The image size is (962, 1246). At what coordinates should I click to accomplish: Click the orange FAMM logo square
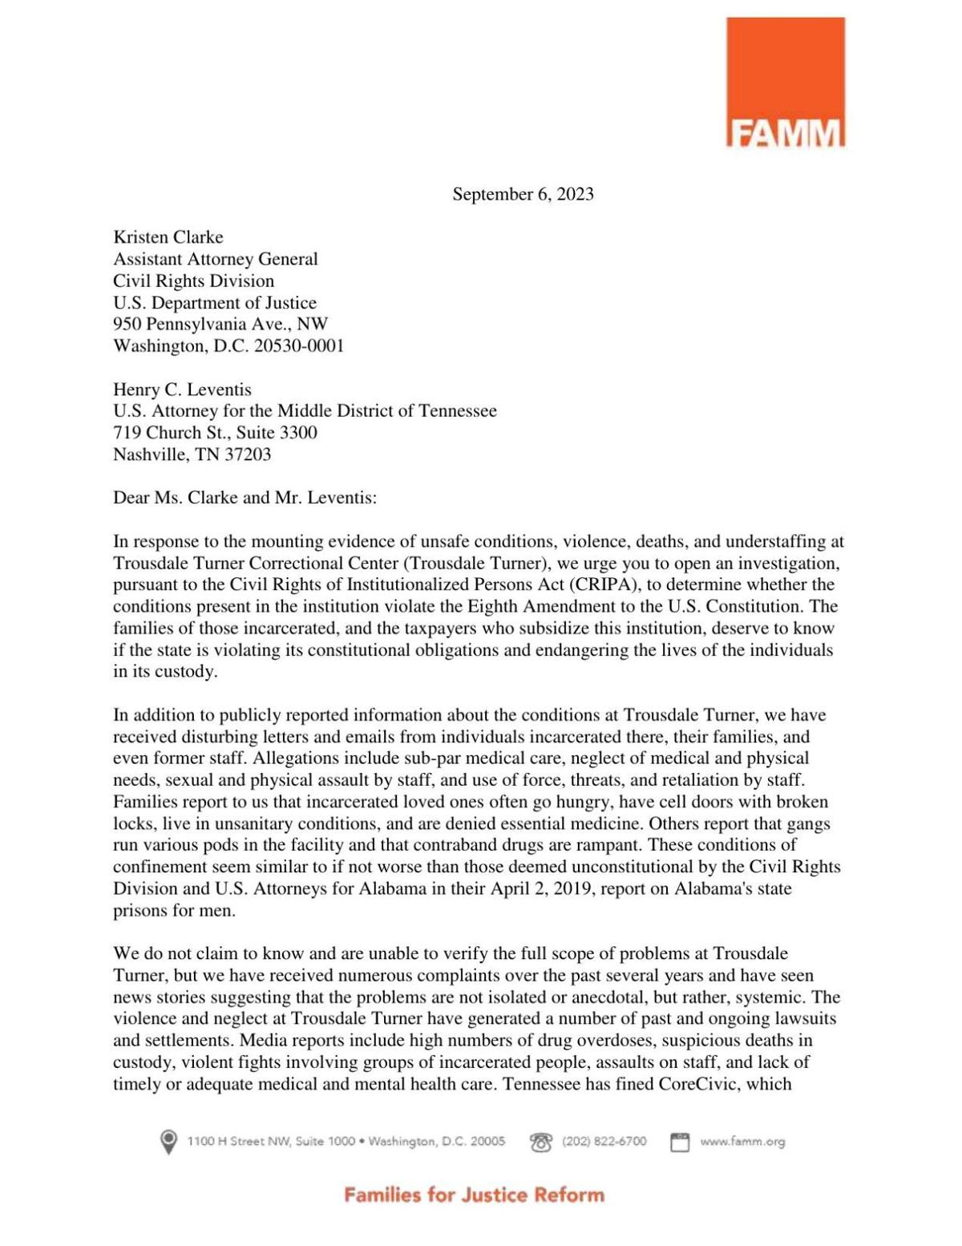(x=785, y=82)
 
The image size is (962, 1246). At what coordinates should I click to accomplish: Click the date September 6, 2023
(x=523, y=194)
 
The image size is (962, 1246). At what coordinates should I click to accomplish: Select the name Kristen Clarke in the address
(x=168, y=237)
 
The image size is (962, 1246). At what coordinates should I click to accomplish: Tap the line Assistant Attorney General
(x=215, y=259)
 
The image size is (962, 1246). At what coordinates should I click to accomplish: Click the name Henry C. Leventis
(x=182, y=390)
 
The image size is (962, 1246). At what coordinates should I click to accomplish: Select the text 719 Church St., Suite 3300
(x=215, y=433)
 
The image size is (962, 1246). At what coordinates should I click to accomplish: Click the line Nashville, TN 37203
(x=192, y=455)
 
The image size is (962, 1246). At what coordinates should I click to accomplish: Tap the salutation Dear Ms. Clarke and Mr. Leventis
(x=245, y=498)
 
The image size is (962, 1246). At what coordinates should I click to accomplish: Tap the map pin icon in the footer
(x=168, y=1141)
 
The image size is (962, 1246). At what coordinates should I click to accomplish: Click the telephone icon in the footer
(x=541, y=1142)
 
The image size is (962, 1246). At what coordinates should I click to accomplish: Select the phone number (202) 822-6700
(x=604, y=1141)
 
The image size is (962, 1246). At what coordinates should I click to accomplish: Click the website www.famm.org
(x=742, y=1141)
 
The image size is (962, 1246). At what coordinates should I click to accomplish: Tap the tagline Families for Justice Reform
(x=474, y=1195)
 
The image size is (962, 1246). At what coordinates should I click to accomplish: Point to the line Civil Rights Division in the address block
(x=193, y=281)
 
